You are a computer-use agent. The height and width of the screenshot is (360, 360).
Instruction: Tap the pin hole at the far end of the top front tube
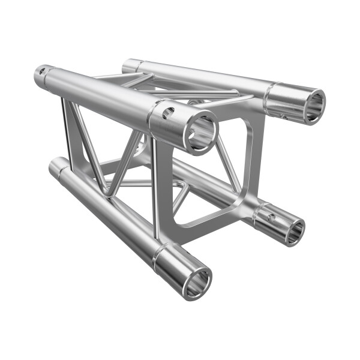click(42, 73)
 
